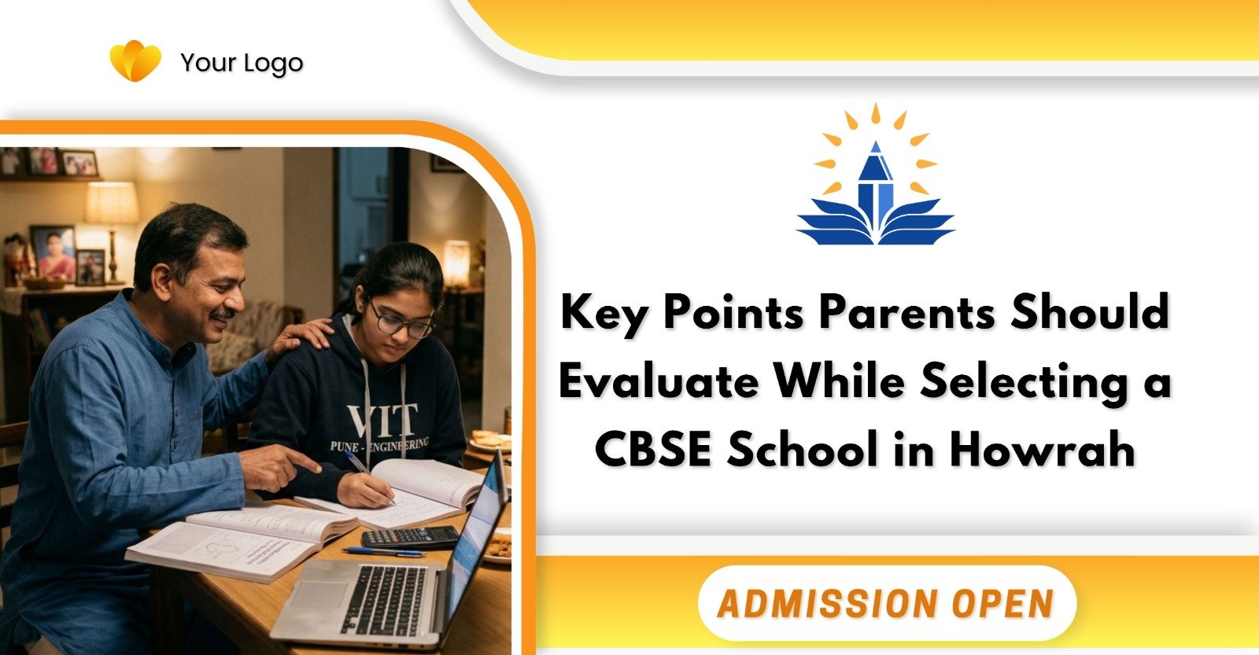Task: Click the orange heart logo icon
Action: [135, 61]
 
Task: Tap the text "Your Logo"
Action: [242, 63]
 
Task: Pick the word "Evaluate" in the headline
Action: [659, 382]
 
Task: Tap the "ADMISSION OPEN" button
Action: [885, 603]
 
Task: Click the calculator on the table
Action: [409, 537]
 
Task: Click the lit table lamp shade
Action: [112, 203]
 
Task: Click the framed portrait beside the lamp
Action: [53, 253]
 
